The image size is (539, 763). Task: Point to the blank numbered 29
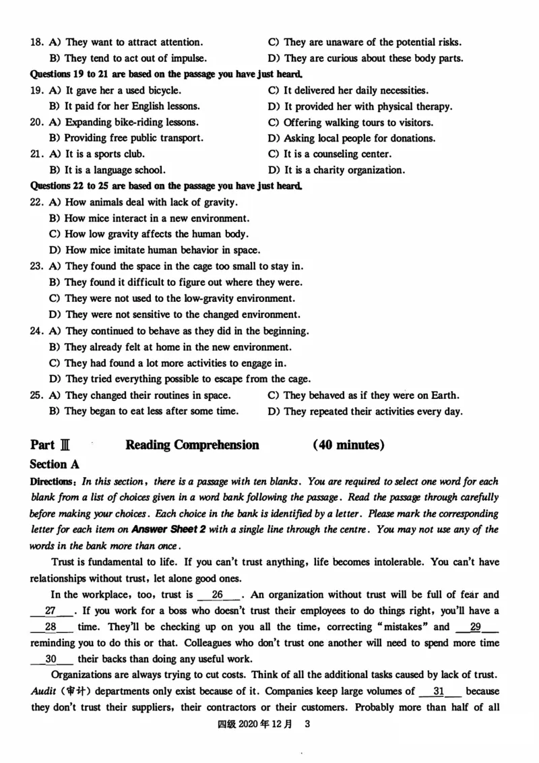(476, 627)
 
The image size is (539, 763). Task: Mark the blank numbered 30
(51, 659)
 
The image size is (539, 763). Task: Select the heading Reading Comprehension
(192, 445)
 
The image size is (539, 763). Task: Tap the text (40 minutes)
(348, 445)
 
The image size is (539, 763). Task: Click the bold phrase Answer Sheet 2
(166, 529)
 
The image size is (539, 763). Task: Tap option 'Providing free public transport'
(133, 138)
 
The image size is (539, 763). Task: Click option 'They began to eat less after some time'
(151, 411)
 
